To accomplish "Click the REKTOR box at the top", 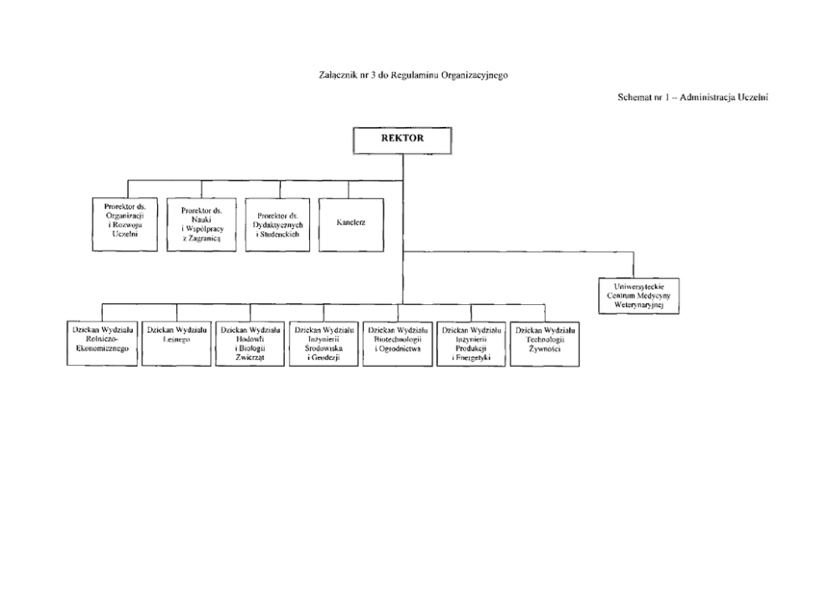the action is tap(402, 140).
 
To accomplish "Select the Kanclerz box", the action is tap(351, 225).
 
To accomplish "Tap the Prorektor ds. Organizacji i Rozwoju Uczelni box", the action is tap(125, 224).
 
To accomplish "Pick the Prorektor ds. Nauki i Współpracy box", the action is tap(201, 225).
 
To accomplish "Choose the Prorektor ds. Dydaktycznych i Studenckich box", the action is tap(277, 225).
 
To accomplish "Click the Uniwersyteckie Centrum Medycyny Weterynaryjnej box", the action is tap(638, 296).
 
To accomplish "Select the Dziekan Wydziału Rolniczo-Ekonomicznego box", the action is tap(102, 343).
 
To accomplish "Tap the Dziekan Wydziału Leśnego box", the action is tap(176, 343).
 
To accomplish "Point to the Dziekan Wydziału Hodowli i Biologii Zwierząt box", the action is tap(250, 343).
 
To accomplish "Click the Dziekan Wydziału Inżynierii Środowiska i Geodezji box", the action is tap(323, 343).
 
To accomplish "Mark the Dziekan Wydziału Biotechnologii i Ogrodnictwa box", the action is tap(398, 343).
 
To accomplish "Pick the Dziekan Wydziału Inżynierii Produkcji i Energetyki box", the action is tap(471, 343).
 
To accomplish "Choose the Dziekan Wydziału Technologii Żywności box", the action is tap(545, 343).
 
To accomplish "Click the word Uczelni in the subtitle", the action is tap(753, 97).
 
